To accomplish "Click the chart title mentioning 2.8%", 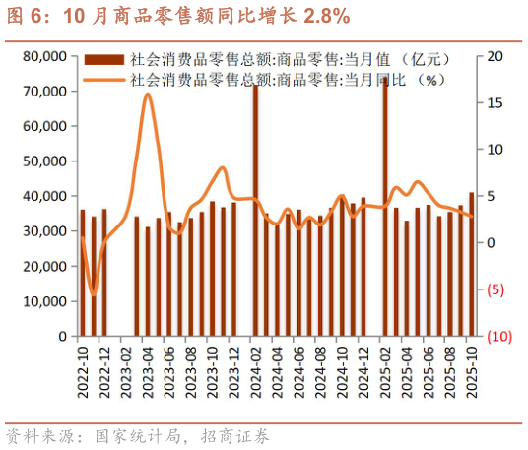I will click(177, 17).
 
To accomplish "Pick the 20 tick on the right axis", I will click(495, 56).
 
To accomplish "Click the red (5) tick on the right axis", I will click(497, 289).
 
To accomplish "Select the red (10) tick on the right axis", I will click(497, 336).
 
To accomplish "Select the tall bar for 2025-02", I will click(385, 207).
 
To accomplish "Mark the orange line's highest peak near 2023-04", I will click(148, 95).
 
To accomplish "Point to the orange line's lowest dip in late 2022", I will click(94, 293).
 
